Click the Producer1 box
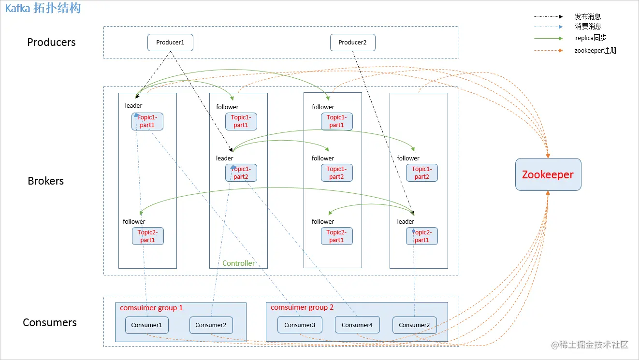pos(170,43)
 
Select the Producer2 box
pos(352,43)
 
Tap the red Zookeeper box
pos(548,174)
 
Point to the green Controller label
pos(238,263)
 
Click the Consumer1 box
pos(146,325)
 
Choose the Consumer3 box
pos(300,325)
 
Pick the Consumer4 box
pos(357,325)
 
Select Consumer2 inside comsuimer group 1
pos(211,325)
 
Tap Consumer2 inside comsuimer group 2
pos(414,325)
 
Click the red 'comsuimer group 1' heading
pos(151,308)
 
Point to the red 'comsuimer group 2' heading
pos(302,307)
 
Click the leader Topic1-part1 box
pos(147,121)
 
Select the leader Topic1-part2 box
pos(241,173)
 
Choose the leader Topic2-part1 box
pos(422,236)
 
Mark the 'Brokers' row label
pos(46,181)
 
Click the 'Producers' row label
pos(51,43)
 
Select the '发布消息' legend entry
pos(588,17)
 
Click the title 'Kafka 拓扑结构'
pos(43,8)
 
